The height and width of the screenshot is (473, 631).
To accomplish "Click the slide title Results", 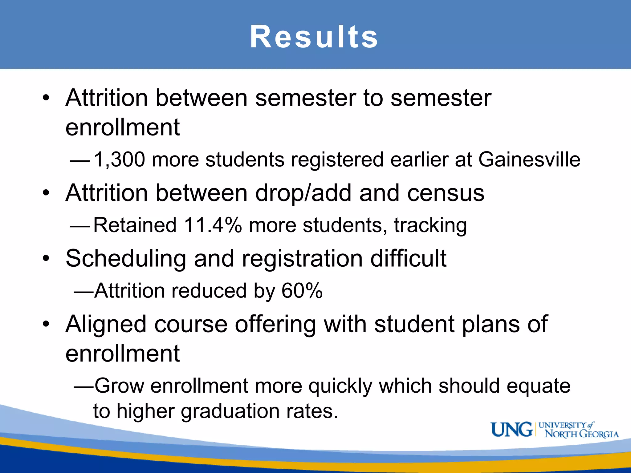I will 314,37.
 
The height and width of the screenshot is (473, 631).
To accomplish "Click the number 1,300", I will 119,160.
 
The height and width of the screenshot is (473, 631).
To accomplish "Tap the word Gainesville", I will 529,160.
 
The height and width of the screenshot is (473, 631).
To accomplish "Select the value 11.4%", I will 213,225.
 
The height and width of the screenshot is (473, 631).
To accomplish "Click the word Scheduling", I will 126,259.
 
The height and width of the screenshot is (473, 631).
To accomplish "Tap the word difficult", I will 408,258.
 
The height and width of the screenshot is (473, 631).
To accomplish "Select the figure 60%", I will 302,291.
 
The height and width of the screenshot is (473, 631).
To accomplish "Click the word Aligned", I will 106,325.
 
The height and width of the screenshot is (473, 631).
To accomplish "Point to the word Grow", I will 119,386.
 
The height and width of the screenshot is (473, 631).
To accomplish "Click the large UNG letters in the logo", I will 511,430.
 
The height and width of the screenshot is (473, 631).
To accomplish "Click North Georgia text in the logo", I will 582,434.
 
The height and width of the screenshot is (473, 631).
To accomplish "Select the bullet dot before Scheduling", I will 46,258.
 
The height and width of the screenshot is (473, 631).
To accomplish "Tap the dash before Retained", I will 80,226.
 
